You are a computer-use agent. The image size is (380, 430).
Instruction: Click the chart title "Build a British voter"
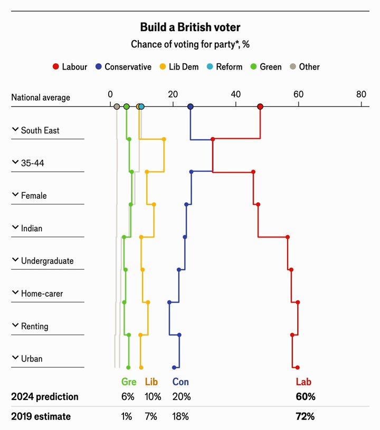pyautogui.click(x=190, y=27)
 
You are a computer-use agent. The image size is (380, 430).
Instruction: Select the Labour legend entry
pyautogui.click(x=70, y=66)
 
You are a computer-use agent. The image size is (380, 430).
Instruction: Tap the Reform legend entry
pyautogui.click(x=224, y=66)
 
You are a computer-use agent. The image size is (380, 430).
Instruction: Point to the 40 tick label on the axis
pyautogui.click(x=235, y=94)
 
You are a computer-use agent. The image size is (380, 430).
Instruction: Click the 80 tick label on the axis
pyautogui.click(x=361, y=94)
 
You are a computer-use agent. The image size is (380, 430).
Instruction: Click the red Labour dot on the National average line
pyautogui.click(x=260, y=106)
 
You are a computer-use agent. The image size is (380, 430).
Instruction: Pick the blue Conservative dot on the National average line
pyautogui.click(x=191, y=106)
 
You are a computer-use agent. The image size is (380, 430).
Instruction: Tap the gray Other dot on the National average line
pyautogui.click(x=117, y=106)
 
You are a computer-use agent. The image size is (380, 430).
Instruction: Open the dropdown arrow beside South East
pyautogui.click(x=15, y=129)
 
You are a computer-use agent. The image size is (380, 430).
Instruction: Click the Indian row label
pyautogui.click(x=32, y=228)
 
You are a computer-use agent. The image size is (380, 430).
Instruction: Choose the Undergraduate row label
pyautogui.click(x=47, y=261)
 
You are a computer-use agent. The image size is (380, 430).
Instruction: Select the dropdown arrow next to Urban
pyautogui.click(x=15, y=357)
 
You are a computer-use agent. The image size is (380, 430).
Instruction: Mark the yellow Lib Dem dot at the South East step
pyautogui.click(x=164, y=139)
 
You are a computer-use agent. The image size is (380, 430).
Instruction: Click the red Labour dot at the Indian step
pyautogui.click(x=288, y=237)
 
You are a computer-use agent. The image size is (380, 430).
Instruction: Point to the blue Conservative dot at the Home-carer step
pyautogui.click(x=169, y=302)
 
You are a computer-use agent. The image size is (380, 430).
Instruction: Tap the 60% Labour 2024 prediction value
pyautogui.click(x=305, y=397)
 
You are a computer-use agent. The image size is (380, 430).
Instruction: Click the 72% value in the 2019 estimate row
pyautogui.click(x=305, y=416)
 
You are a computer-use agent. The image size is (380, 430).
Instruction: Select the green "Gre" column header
pyautogui.click(x=129, y=382)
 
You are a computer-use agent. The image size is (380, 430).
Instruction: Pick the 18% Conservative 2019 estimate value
pyautogui.click(x=180, y=416)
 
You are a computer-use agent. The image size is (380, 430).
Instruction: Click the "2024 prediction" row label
pyautogui.click(x=45, y=397)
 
